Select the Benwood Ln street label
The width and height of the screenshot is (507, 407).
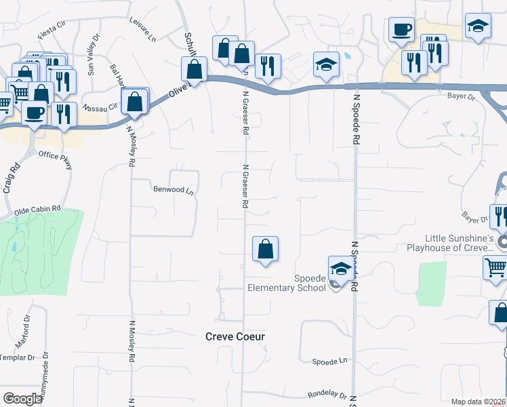174,191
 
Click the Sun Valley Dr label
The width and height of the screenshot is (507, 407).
91,54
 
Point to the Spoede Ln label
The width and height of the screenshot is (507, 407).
329,362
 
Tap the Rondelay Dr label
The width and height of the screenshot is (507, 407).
327,394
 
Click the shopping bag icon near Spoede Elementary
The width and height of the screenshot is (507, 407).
265,249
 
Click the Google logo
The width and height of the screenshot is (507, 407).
22,399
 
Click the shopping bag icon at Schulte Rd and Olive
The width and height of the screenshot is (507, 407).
195,69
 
